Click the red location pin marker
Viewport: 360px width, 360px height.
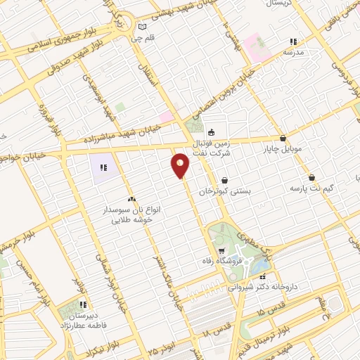click(181, 165)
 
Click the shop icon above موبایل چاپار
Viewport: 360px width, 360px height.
click(283, 139)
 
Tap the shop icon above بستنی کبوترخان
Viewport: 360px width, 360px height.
click(224, 181)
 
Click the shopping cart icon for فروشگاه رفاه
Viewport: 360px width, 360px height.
click(221, 251)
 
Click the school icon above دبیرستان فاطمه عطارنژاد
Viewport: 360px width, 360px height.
click(83, 305)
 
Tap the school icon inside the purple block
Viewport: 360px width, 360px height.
click(102, 167)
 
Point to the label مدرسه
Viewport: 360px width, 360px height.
click(293, 52)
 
